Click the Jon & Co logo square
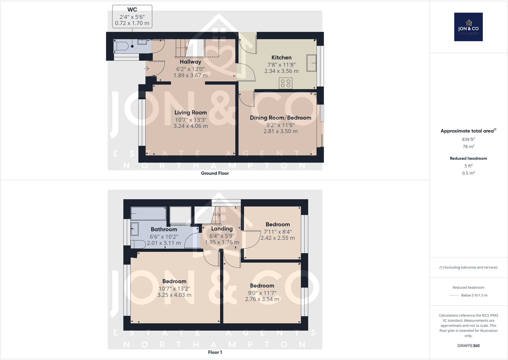pyautogui.click(x=468, y=27)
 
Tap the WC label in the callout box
pyautogui.click(x=132, y=10)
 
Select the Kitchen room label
pyautogui.click(x=281, y=57)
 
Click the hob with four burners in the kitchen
pyautogui.click(x=286, y=83)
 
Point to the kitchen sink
pyautogui.click(x=312, y=63)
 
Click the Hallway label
pyautogui.click(x=190, y=62)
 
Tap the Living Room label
pyautogui.click(x=190, y=113)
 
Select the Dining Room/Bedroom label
pyautogui.click(x=281, y=118)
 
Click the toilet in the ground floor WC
pyautogui.click(x=121, y=46)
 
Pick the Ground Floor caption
pyautogui.click(x=215, y=173)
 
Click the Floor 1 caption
pyautogui.click(x=215, y=352)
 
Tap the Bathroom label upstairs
pyautogui.click(x=164, y=229)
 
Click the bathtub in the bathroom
pyautogui.click(x=148, y=213)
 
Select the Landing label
pyautogui.click(x=222, y=229)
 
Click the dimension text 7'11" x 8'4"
pyautogui.click(x=278, y=232)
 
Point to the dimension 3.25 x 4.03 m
pyautogui.click(x=174, y=295)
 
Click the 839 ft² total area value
pyautogui.click(x=468, y=139)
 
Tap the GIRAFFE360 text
pyautogui.click(x=468, y=346)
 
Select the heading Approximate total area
pyautogui.click(x=467, y=131)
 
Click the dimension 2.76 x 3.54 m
pyautogui.click(x=262, y=299)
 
